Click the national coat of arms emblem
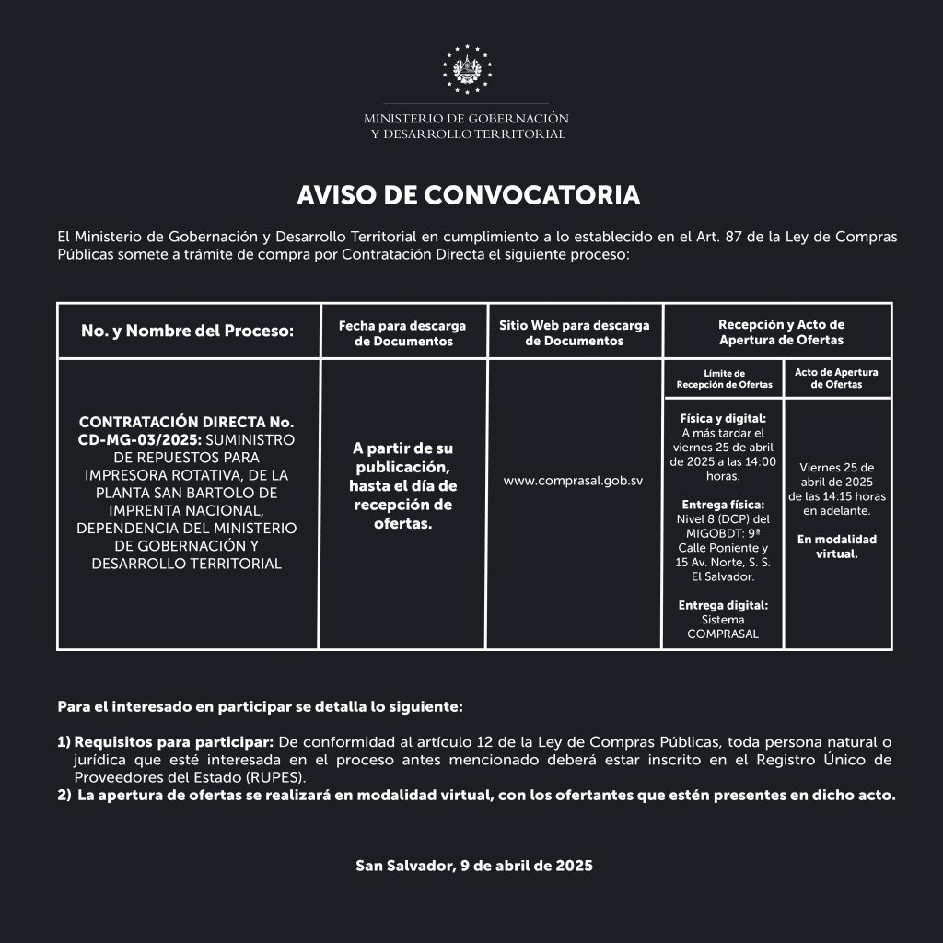pos(467,69)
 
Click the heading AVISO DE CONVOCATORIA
pos(468,195)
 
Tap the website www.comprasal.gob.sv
pos(573,481)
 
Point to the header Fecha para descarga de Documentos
pos(402,333)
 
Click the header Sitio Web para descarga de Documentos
pos(574,332)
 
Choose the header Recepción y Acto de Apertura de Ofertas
pos(781,332)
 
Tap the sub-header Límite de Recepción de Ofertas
pos(724,378)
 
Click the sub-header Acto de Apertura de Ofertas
pos(836,378)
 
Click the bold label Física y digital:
pos(723,418)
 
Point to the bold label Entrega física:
pos(723,505)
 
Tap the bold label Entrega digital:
pos(723,605)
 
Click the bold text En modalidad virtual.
pos(836,546)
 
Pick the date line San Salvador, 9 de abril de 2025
pos(474,866)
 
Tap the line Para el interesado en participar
pos(260,707)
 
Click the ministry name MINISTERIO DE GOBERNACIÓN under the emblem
pos(466,119)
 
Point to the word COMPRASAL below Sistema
pos(723,634)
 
